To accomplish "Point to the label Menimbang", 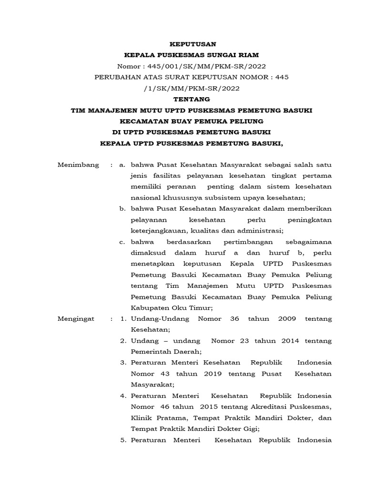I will coord(78,165).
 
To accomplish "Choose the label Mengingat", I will coord(76,318).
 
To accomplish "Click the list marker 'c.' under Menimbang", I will coord(122,242).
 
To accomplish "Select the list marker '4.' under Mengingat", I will coord(122,396).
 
